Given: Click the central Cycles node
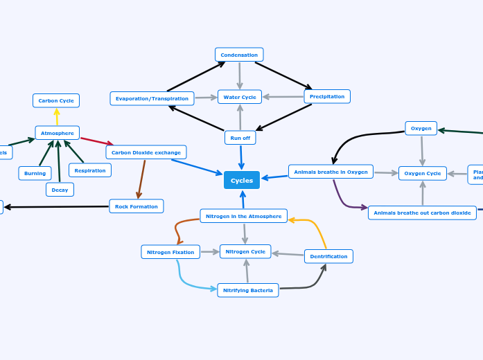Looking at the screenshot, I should (x=242, y=180).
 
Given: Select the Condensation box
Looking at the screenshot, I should (x=239, y=55).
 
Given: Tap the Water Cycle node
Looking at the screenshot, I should (x=240, y=97).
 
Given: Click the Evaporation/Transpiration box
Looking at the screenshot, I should (x=152, y=98).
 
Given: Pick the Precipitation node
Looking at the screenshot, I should (x=327, y=96).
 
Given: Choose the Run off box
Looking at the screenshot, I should (x=240, y=138).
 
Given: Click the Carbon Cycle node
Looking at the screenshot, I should (x=56, y=100).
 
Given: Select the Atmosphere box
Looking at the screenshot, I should (x=58, y=133).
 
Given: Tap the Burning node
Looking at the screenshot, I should (x=35, y=173).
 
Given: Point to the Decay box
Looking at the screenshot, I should (x=60, y=190).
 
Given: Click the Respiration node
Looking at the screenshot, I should (x=90, y=170).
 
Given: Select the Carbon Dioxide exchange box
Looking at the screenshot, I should (x=146, y=152).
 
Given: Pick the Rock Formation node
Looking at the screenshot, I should (x=137, y=206).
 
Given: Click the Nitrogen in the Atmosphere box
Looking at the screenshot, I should (x=243, y=216).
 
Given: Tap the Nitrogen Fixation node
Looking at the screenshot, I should (x=170, y=252).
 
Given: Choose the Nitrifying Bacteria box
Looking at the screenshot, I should (x=248, y=290).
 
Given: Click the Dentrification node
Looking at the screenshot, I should (x=328, y=256).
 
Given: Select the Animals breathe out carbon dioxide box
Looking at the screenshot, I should (x=422, y=213).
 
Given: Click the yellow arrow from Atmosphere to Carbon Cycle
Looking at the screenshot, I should (x=57, y=117).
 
